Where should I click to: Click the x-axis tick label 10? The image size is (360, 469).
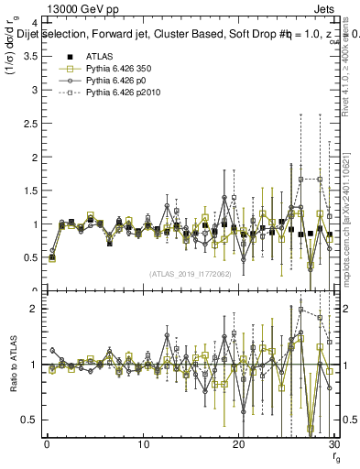point(143,444)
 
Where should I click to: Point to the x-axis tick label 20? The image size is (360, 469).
point(239,444)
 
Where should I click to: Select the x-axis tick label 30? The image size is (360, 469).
point(334,444)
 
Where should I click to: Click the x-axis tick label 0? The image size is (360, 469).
point(47,444)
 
